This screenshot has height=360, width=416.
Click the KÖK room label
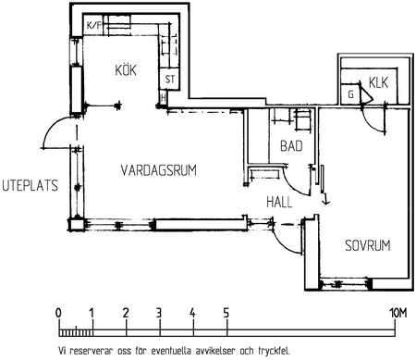pos(126,69)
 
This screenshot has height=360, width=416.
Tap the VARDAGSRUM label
pos(159,170)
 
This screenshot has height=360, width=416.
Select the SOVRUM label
pos(368,245)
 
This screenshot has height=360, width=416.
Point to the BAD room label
pos(291,146)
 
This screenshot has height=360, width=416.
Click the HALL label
pos(279,203)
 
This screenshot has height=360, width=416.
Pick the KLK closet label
pos(378,82)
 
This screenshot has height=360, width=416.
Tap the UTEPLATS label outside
pos(30,185)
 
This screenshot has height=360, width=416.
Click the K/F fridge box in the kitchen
pos(93,25)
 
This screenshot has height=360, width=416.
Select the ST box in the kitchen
pos(170,80)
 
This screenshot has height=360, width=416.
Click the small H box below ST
pos(163,98)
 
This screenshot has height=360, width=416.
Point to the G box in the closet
pos(350,94)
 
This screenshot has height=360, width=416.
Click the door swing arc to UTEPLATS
pos(53,127)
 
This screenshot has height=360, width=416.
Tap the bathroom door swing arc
pos(294,184)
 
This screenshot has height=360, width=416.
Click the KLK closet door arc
pos(370,123)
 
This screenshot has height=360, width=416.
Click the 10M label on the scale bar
pos(398,314)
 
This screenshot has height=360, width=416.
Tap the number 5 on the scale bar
pos(226,314)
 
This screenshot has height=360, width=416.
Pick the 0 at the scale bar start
pos(58,313)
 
